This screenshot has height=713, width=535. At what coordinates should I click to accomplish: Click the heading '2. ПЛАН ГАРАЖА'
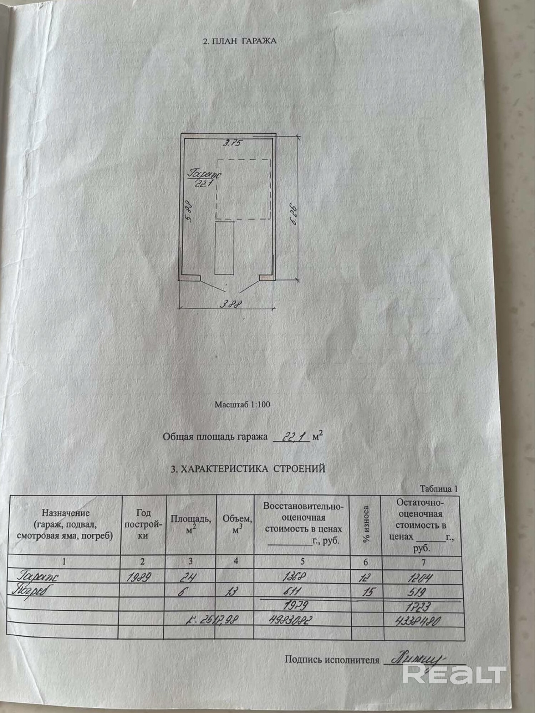point(240,41)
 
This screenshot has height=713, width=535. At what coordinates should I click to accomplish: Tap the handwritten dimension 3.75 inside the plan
point(233,143)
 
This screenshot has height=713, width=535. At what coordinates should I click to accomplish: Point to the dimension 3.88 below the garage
point(231,304)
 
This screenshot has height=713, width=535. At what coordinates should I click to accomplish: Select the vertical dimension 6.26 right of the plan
point(295,214)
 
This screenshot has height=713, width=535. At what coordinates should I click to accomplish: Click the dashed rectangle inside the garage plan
point(243,189)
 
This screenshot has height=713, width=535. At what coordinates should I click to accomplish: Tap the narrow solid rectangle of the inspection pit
point(224,248)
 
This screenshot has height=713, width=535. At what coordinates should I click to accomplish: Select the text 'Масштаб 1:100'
point(242,405)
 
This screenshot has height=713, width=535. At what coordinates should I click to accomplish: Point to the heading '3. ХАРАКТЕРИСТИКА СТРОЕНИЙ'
point(248,468)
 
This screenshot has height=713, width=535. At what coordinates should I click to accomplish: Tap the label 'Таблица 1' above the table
point(438,489)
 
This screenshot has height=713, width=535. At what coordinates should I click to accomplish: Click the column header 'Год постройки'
point(143,524)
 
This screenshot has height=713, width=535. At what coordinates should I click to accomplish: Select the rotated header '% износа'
point(366,524)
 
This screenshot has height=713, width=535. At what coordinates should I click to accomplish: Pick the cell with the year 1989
point(139,577)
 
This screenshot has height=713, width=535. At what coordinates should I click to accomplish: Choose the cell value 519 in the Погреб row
point(416,592)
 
